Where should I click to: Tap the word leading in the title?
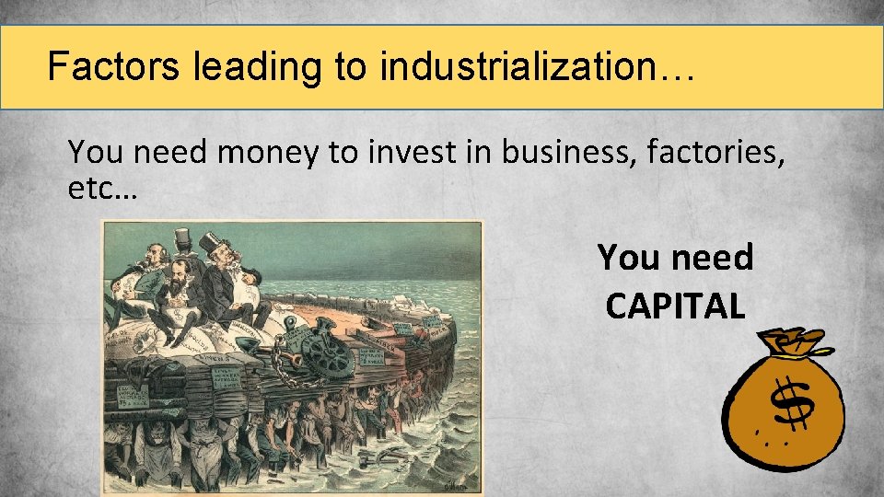tap(254, 67)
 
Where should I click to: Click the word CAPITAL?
tap(675, 306)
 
